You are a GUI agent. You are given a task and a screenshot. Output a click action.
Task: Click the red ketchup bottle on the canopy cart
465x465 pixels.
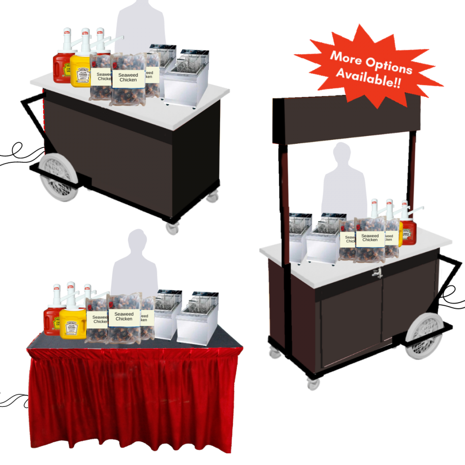(x=408, y=232)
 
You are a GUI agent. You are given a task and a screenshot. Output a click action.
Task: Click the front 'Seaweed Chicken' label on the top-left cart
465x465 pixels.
(x=128, y=77)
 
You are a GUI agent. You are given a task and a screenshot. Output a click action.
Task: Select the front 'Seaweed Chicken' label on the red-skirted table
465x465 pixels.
(x=124, y=317)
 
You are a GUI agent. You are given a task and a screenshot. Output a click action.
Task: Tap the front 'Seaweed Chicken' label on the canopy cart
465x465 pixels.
(x=370, y=238)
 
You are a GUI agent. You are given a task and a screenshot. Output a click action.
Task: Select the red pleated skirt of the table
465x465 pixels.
(x=134, y=399)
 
